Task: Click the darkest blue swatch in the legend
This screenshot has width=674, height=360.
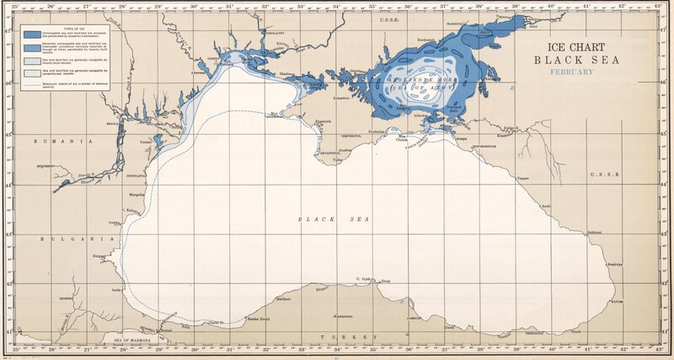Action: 32,35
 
